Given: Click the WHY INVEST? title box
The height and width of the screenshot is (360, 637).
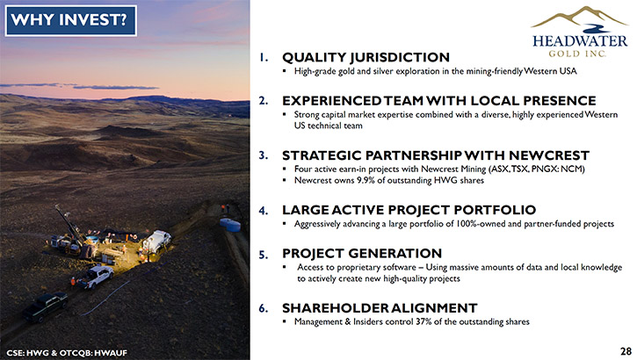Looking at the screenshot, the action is click(70, 20).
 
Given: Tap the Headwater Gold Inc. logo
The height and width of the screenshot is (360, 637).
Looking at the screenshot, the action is click(579, 32).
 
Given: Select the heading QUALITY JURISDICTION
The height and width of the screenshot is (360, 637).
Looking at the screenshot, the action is click(366, 57).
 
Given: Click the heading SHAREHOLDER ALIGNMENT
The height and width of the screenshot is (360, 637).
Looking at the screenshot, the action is click(380, 308).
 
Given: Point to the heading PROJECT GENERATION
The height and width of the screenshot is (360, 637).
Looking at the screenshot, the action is click(362, 253).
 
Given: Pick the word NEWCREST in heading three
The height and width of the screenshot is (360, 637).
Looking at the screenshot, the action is click(549, 155).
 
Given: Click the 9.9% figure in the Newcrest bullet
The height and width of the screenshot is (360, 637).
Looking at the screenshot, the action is click(366, 180).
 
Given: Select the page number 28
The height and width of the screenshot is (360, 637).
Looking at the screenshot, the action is click(626, 351).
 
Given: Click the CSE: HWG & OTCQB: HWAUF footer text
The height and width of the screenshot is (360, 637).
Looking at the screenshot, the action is click(67, 353).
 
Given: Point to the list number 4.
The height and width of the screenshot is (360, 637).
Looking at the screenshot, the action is click(264, 211).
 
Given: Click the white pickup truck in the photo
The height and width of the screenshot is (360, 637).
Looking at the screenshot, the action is click(95, 277).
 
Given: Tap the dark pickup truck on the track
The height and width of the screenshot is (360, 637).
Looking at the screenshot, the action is click(45, 306).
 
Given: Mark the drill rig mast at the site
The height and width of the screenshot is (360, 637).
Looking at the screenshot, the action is click(69, 224).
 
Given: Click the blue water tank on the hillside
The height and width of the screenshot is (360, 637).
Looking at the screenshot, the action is click(230, 225).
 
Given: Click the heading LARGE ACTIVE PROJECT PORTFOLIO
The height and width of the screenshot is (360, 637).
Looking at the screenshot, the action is click(409, 210).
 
